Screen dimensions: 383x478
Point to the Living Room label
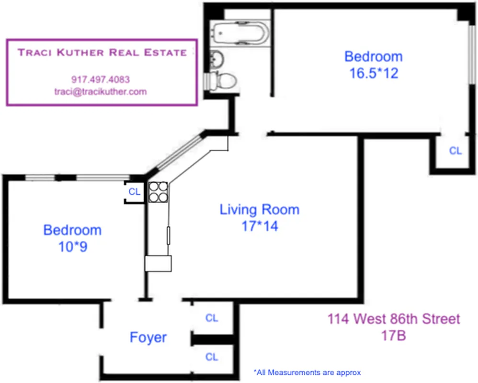(259, 210)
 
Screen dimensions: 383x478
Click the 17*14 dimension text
(260, 226)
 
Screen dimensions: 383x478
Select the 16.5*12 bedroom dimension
(374, 73)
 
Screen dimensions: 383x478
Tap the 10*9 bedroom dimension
(72, 246)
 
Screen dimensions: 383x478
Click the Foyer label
(148, 338)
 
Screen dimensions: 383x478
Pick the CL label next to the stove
(135, 191)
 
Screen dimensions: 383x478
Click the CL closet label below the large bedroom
(455, 151)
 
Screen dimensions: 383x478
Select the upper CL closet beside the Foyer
(211, 318)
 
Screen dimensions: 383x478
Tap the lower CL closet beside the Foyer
(211, 357)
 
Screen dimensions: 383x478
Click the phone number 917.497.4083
(100, 79)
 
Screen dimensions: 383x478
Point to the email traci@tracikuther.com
(101, 91)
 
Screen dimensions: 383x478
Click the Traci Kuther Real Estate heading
(102, 53)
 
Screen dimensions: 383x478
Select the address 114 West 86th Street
(393, 319)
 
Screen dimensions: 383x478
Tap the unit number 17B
(393, 335)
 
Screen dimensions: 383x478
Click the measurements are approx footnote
(307, 372)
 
